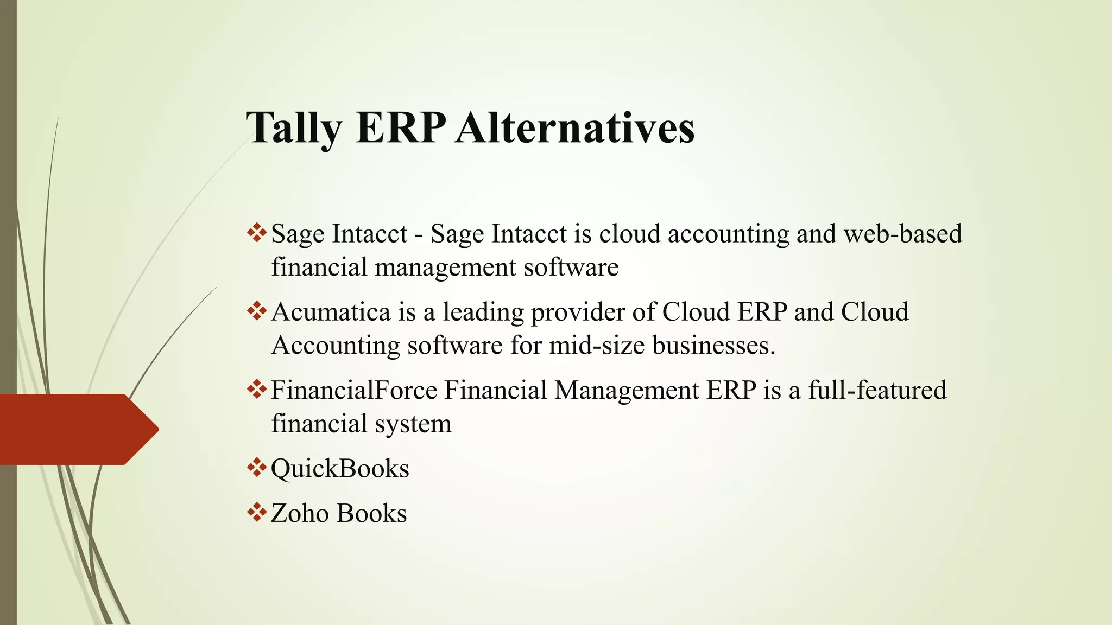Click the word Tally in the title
(294, 128)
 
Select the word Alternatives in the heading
(575, 128)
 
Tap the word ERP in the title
(401, 128)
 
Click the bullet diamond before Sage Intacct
(256, 233)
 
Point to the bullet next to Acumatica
(256, 311)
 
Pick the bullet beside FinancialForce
(256, 390)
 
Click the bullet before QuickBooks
(256, 468)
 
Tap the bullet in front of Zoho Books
(256, 512)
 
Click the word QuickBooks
(340, 469)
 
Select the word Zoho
(300, 513)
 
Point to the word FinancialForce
(354, 391)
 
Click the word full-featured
(877, 391)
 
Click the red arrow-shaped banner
(76, 429)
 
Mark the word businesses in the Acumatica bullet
(713, 346)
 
